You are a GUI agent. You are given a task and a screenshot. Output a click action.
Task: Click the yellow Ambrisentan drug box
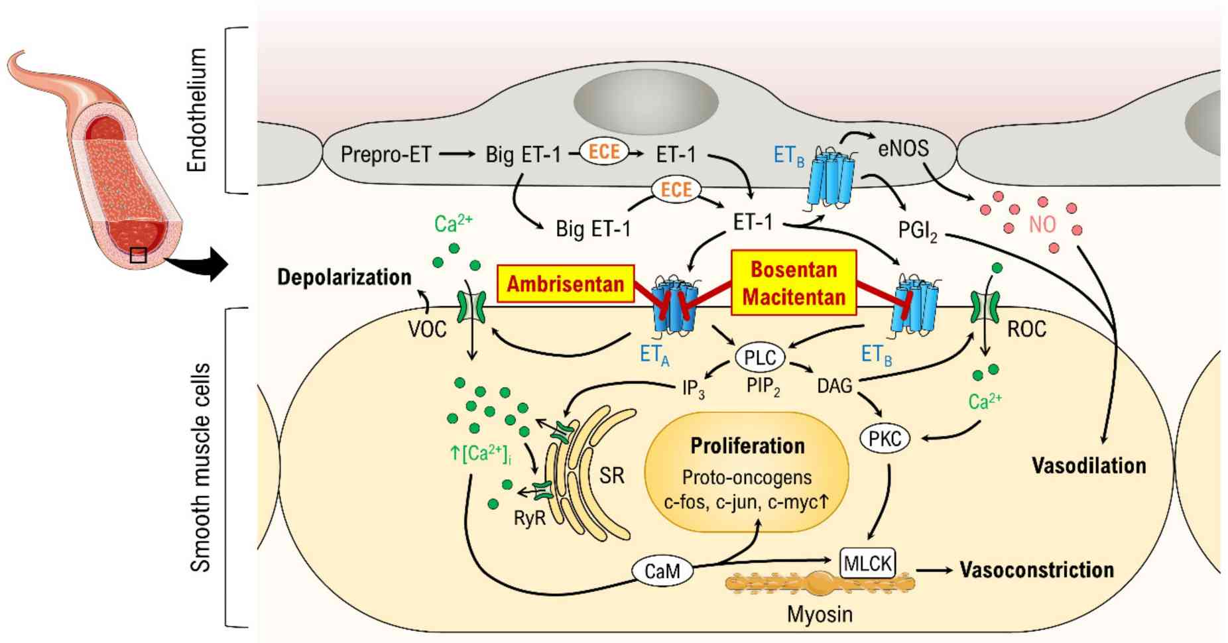[x=565, y=284]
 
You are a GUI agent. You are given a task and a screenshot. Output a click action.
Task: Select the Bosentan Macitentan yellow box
[x=793, y=283]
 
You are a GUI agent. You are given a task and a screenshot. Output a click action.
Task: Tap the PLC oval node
[x=760, y=358]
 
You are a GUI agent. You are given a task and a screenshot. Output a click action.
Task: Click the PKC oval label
[x=885, y=439]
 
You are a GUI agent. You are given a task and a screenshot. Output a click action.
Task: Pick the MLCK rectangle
[x=868, y=563]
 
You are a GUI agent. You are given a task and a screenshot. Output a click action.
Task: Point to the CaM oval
[x=662, y=571]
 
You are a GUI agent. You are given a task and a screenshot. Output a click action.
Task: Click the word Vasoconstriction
[x=1036, y=570]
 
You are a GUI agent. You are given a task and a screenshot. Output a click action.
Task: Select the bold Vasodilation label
[x=1089, y=466]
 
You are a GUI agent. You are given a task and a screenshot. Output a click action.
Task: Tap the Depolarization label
[x=344, y=277]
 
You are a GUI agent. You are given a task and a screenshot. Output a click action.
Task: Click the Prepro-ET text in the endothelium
[x=385, y=154]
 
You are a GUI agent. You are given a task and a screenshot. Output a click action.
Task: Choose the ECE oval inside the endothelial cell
[x=604, y=152]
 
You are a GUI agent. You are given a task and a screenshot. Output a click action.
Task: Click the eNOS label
[x=903, y=148]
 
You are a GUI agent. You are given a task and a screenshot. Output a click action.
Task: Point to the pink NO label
[x=1042, y=225]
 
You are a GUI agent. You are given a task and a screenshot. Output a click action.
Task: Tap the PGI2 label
[x=917, y=231]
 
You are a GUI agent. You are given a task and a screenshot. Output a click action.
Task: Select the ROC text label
[x=1026, y=329]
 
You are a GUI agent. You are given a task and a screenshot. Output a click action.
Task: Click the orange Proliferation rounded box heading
[x=747, y=446]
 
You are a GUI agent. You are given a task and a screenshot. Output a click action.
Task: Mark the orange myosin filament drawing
[x=820, y=584]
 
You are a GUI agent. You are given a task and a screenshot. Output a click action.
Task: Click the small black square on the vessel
[x=138, y=255]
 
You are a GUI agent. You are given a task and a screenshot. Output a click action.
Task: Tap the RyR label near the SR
[x=529, y=518]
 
